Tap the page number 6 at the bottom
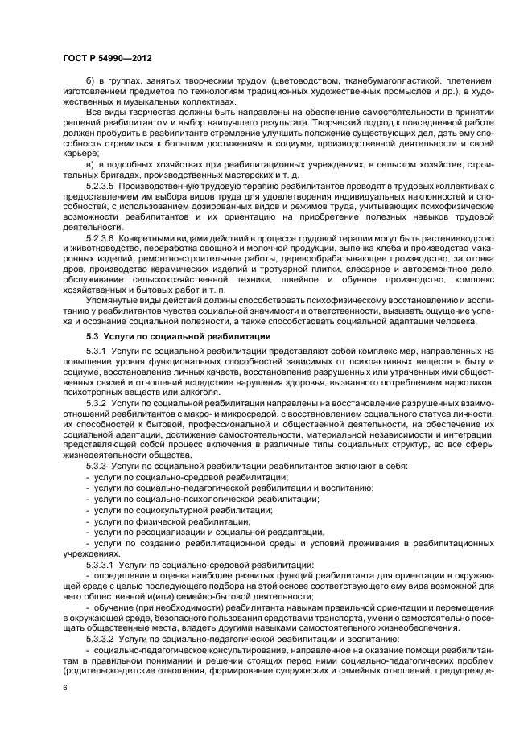tap(65, 688)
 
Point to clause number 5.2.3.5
tap(101, 185)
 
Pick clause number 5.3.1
tap(96, 352)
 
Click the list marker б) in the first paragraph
tap(91, 81)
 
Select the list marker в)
tap(91, 164)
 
